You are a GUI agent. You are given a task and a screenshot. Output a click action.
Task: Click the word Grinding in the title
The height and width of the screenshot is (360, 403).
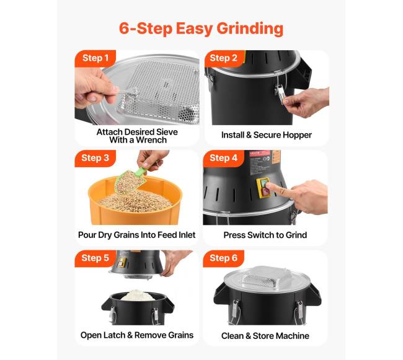pos(250,29)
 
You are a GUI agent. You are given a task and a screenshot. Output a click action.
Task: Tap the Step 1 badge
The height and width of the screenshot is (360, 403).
pos(95,58)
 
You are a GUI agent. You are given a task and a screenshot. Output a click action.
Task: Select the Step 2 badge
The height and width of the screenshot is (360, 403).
pos(223,58)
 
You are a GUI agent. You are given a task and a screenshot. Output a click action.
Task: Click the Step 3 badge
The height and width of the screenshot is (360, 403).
pos(95,158)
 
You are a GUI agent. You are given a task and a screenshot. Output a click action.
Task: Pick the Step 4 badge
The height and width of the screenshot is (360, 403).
pos(223,158)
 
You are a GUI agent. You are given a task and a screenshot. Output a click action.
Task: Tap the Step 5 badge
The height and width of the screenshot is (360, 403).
pos(95,258)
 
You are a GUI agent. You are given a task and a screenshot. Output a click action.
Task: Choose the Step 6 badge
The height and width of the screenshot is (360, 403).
pos(223,258)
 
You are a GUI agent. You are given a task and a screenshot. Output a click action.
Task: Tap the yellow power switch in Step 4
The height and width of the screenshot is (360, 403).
pos(263,188)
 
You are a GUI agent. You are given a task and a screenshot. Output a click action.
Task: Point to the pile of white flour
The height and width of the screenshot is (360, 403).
pos(138,296)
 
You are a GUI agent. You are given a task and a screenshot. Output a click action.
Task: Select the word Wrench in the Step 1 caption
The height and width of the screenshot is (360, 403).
pos(151,140)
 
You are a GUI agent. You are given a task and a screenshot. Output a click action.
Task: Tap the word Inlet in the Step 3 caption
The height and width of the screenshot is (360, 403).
pos(187,235)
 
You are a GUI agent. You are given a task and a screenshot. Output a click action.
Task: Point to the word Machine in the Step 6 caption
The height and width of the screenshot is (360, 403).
pos(293,336)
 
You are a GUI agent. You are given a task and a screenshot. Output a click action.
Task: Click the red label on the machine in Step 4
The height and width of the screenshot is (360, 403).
pos(260,154)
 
